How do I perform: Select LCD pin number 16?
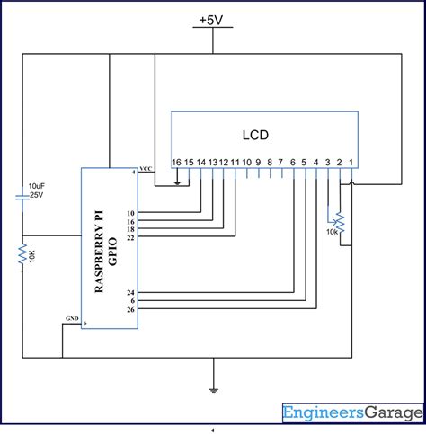pyautogui.click(x=176, y=162)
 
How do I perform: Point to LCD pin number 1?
pyautogui.click(x=351, y=162)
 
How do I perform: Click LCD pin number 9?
pyautogui.click(x=258, y=162)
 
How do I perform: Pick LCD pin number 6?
pyautogui.click(x=293, y=162)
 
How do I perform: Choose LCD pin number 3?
pyautogui.click(x=328, y=162)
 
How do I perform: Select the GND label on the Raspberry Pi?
pyautogui.click(x=72, y=319)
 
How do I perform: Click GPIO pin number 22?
pyautogui.click(x=130, y=237)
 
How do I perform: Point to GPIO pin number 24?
pyautogui.click(x=130, y=293)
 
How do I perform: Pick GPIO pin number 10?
pyautogui.click(x=130, y=213)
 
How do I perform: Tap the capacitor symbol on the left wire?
pyautogui.click(x=22, y=197)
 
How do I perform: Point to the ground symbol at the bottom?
pyautogui.click(x=213, y=389)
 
